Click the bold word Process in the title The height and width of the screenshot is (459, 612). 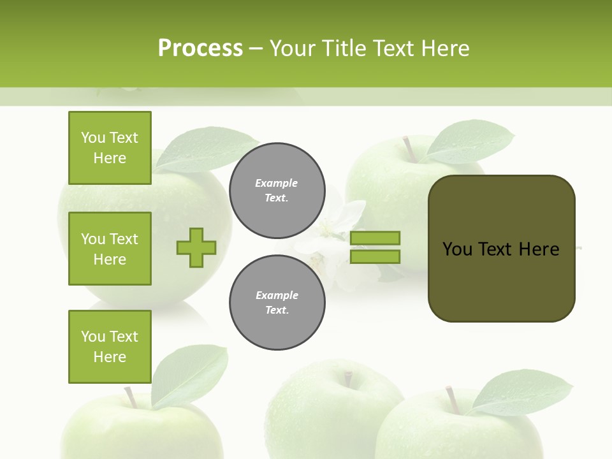(x=200, y=48)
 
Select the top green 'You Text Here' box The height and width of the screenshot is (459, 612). (x=110, y=148)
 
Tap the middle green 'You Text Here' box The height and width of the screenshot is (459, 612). (x=110, y=249)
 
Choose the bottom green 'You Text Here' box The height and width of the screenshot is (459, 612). (x=110, y=347)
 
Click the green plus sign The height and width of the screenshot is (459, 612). (x=196, y=247)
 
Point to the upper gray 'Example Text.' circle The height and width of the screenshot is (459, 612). (x=277, y=190)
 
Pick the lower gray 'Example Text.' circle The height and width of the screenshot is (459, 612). (x=277, y=302)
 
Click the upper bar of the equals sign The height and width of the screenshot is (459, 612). (x=375, y=238)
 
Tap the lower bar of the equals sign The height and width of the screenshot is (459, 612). (x=375, y=256)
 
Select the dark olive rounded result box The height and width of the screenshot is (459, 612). (x=501, y=249)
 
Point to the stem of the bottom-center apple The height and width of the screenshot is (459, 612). (x=347, y=379)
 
